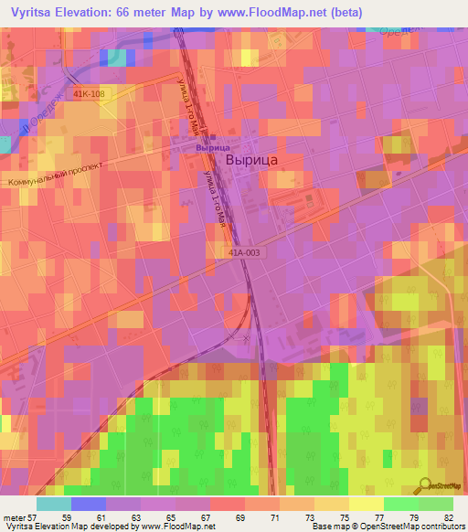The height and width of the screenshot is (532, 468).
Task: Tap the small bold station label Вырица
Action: click(x=211, y=147)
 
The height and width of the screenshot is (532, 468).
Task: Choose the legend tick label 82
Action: click(x=447, y=517)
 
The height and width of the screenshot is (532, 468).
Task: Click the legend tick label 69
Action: click(x=240, y=517)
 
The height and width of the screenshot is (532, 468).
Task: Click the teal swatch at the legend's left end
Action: click(x=54, y=504)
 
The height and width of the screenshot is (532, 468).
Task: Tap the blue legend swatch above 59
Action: click(x=89, y=504)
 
